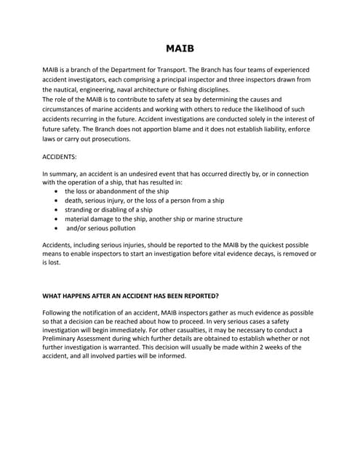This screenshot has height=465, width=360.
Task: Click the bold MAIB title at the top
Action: pyautogui.click(x=180, y=49)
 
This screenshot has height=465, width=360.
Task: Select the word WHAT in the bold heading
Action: pyautogui.click(x=54, y=296)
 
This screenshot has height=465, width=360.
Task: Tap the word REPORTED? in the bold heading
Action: pyautogui.click(x=196, y=296)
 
